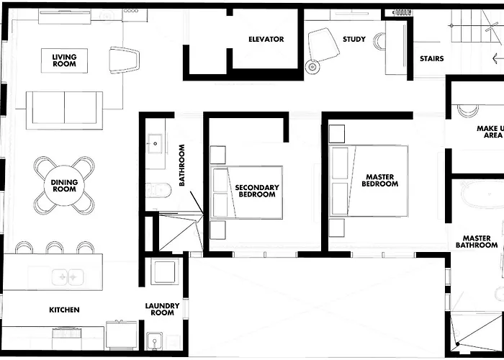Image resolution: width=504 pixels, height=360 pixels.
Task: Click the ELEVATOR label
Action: point(266,39)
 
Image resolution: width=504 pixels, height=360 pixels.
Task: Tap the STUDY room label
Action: point(354,39)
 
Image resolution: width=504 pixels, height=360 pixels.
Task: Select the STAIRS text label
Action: point(432,58)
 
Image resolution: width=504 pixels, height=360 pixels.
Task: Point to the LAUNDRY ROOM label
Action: point(162,309)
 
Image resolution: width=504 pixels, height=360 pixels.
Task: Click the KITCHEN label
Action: point(64,310)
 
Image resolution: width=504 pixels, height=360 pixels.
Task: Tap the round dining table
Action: point(64,186)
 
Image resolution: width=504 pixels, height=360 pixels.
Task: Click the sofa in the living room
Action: point(64,110)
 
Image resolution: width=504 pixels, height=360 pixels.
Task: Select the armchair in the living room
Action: point(124,60)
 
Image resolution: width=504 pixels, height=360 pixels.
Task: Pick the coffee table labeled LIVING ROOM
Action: point(64,60)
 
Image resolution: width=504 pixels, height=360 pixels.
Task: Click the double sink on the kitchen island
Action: point(68,277)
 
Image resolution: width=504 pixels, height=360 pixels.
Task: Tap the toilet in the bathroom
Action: point(158,190)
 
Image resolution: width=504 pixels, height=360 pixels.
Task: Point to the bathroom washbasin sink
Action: point(155,144)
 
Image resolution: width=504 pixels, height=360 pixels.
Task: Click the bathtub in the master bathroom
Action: point(482,194)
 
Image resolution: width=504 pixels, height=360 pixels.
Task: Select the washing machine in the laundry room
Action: point(165,271)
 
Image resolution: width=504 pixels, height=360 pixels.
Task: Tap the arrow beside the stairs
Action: point(498,58)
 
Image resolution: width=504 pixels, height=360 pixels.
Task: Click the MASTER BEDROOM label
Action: point(379,180)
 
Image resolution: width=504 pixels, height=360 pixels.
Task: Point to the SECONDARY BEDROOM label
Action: point(257,191)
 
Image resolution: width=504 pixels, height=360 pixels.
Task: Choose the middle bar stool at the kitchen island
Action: point(55,248)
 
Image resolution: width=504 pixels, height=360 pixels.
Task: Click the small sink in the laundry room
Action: point(154,341)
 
